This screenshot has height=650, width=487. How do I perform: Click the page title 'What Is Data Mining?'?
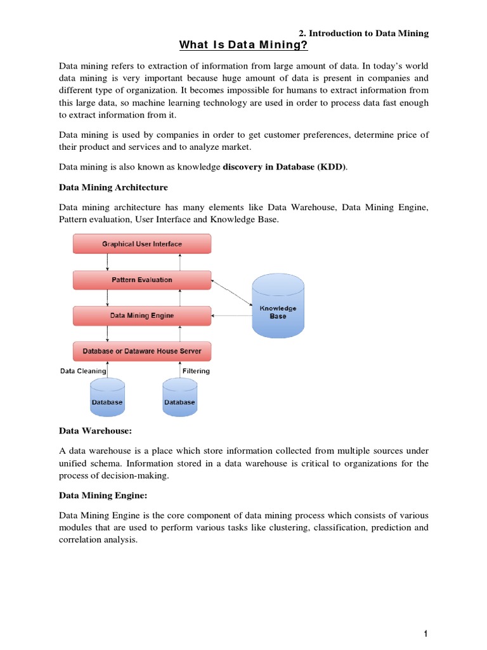pos(243,44)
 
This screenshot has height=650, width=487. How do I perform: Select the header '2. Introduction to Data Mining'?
pos(363,33)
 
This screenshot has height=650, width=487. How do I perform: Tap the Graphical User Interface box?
pos(142,244)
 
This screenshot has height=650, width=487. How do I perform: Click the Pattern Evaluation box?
pos(142,279)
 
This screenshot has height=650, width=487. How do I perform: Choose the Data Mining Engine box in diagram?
pos(142,315)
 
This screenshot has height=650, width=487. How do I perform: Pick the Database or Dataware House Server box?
pos(142,350)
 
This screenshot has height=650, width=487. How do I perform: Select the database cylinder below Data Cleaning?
pos(107,398)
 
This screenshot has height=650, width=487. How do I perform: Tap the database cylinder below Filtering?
pos(180,398)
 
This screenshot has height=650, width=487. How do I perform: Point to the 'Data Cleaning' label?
pos(83,371)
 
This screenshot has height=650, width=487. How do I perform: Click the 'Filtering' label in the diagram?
pos(196,371)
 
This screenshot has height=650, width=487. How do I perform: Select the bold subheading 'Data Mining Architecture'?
pos(113,187)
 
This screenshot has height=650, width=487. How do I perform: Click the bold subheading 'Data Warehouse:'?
pos(94,431)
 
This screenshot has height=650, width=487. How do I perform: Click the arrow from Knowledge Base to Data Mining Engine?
pos(231,315)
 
